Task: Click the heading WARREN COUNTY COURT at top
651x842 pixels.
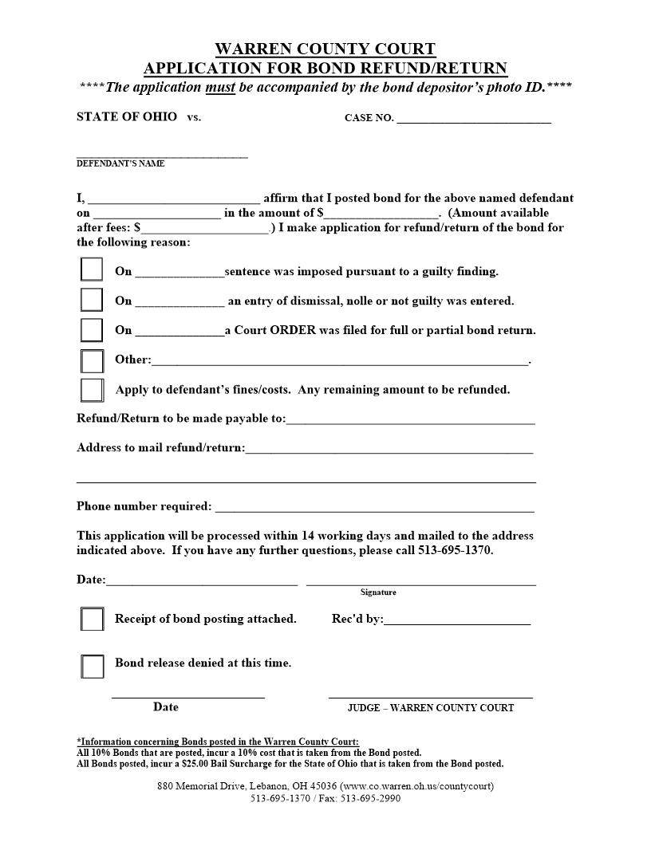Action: [325, 49]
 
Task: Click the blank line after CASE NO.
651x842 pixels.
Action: [473, 119]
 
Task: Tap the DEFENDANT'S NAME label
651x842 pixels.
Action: [120, 163]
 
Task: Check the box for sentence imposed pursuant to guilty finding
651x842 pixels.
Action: [92, 270]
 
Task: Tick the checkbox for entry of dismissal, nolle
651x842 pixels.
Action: [92, 300]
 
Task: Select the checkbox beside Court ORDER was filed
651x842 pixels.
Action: [92, 329]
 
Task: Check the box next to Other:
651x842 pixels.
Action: [92, 360]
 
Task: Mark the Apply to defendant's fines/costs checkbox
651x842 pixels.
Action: [92, 390]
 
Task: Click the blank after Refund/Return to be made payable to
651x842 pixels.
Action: [410, 419]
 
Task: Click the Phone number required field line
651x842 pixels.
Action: [374, 507]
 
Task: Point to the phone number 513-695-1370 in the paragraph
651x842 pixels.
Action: [455, 551]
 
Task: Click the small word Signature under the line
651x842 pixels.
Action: [378, 592]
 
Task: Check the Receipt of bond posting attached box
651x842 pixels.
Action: [92, 619]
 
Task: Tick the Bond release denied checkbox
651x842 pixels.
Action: [92, 666]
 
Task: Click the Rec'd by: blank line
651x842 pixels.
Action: [456, 620]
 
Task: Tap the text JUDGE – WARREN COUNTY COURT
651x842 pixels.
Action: [431, 708]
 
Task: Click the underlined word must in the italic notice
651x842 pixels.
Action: [220, 87]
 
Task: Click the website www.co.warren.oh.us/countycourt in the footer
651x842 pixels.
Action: [417, 786]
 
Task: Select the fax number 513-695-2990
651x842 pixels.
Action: [371, 798]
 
